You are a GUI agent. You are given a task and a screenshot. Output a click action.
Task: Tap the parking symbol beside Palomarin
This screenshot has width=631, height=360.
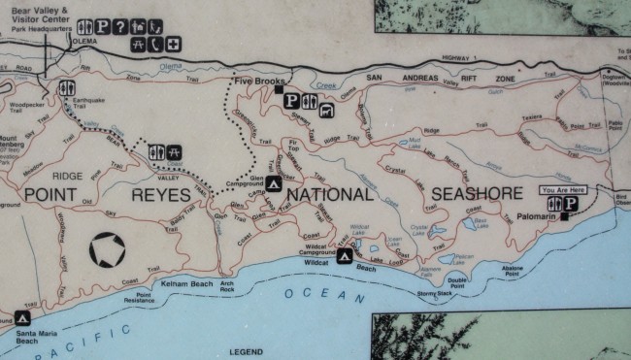click(x=572, y=204)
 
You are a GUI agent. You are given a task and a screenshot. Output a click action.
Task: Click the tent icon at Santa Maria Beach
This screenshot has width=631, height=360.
click(x=21, y=317)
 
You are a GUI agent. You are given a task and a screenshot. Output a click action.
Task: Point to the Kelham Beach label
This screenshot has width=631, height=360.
click(x=187, y=283)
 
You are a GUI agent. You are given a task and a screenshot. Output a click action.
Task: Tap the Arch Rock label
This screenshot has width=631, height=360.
click(x=227, y=286)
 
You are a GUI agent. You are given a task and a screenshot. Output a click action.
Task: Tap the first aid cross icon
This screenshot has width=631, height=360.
click(x=172, y=45)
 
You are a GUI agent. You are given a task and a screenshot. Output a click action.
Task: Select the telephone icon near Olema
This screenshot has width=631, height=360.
click(x=155, y=45)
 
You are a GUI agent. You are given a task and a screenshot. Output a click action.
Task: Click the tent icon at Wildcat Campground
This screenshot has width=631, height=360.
click(x=344, y=257)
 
